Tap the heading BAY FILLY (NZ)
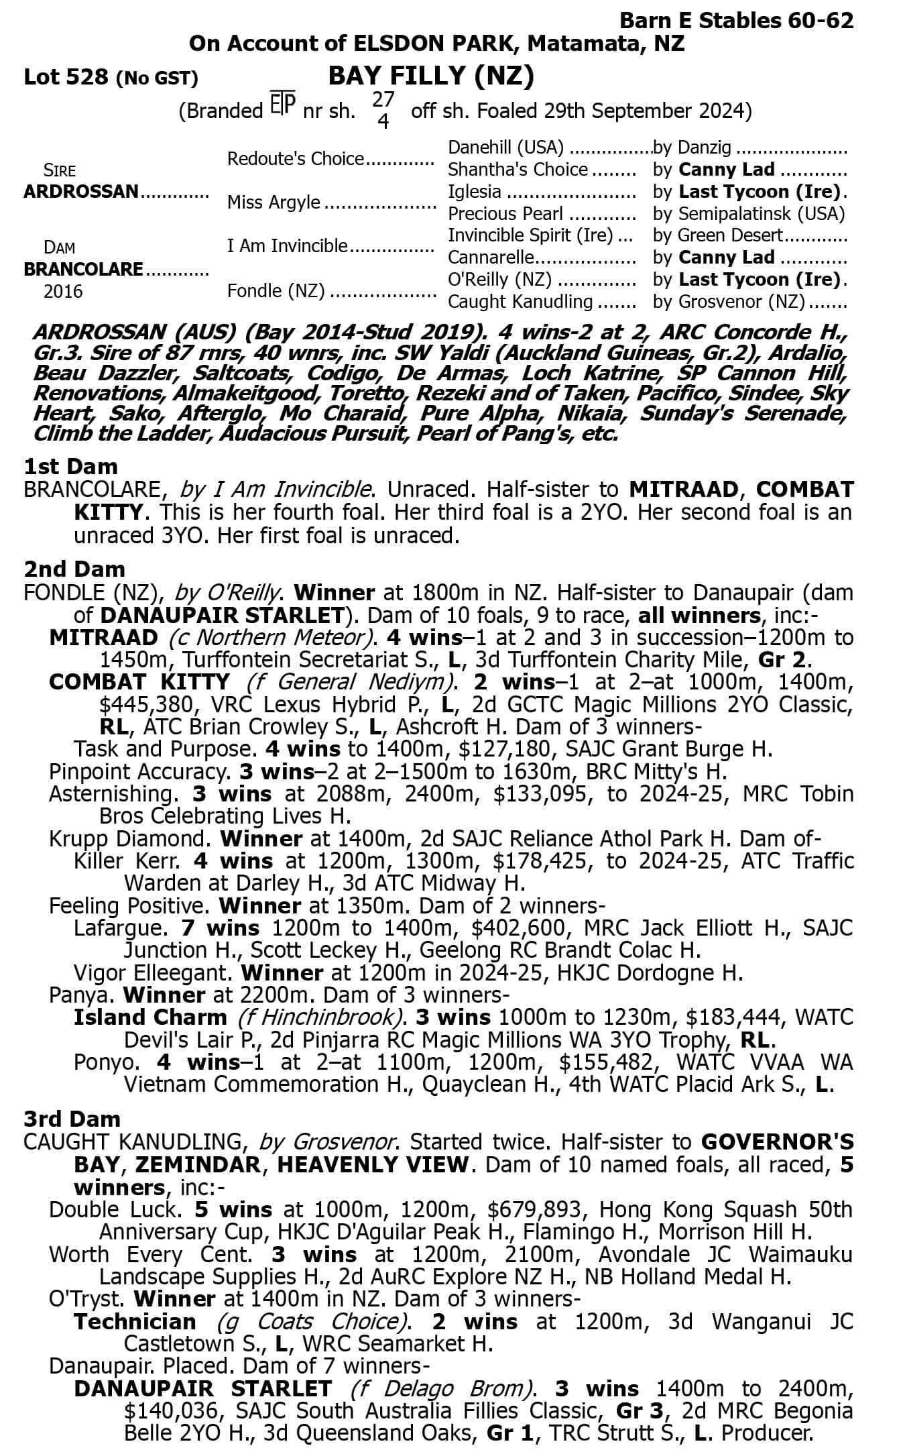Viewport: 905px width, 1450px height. (431, 77)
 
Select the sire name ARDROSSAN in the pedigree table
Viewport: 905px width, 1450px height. (80, 192)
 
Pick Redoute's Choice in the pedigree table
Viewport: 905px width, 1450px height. (295, 159)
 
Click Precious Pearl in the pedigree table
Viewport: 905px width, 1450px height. (505, 214)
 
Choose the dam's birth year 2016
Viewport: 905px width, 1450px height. (63, 292)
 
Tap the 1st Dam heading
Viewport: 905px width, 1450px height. (70, 466)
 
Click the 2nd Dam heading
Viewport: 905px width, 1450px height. (74, 569)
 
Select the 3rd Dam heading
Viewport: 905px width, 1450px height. (72, 1119)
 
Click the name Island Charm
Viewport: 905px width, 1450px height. (150, 1017)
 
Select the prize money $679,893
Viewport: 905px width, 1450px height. (538, 1209)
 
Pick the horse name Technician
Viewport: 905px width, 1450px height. (135, 1321)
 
